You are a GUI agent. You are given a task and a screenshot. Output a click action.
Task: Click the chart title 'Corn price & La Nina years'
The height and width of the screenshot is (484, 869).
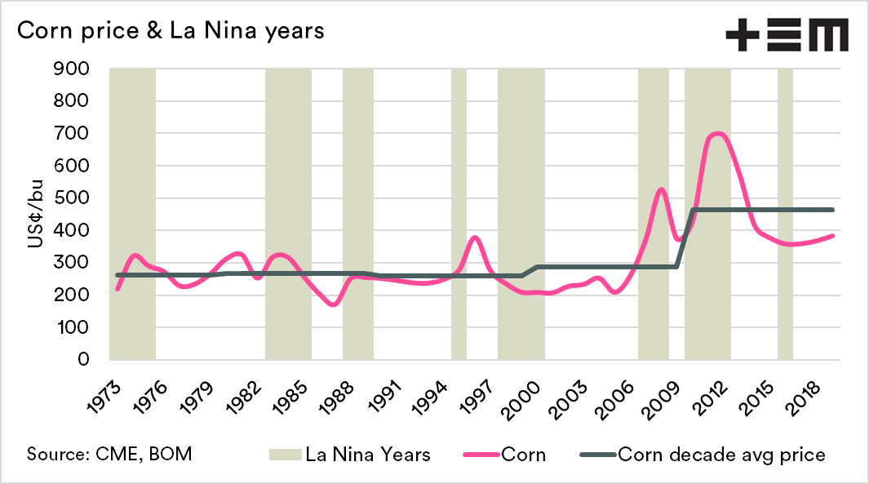(x=171, y=31)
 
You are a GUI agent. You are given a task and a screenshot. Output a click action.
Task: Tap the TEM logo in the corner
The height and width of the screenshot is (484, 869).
(x=787, y=36)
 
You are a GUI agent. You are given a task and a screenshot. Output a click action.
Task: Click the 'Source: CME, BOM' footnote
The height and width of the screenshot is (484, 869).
(x=110, y=454)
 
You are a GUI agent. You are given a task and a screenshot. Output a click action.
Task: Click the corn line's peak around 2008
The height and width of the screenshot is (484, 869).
(x=661, y=189)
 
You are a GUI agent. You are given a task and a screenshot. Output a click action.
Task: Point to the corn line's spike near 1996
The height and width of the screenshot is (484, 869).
(x=475, y=238)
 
